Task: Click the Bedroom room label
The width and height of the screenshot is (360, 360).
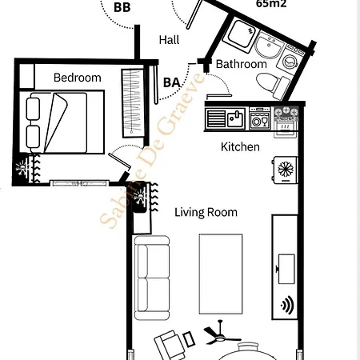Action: pos(78,78)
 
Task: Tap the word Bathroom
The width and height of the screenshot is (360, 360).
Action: pos(241,64)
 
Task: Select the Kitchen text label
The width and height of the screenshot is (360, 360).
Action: pos(240,147)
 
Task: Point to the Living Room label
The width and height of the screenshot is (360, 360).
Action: pos(206,212)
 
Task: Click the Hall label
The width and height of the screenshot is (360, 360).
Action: pos(169,40)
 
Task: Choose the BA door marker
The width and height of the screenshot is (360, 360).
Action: pos(171,82)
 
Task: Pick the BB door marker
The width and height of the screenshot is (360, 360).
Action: pos(122,8)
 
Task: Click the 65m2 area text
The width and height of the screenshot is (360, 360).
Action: pos(271,4)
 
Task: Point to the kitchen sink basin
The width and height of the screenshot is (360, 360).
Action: pos(234,119)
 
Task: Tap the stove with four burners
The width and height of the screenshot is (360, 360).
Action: pos(286,120)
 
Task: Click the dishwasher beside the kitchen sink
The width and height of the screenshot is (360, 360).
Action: pos(260,120)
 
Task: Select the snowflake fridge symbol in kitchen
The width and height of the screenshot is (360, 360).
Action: pos(285,168)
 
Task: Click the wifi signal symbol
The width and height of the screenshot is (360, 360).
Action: pos(286,304)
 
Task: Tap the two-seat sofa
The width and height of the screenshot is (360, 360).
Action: pos(151,271)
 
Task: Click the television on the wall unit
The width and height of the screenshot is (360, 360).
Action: pos(286,265)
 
